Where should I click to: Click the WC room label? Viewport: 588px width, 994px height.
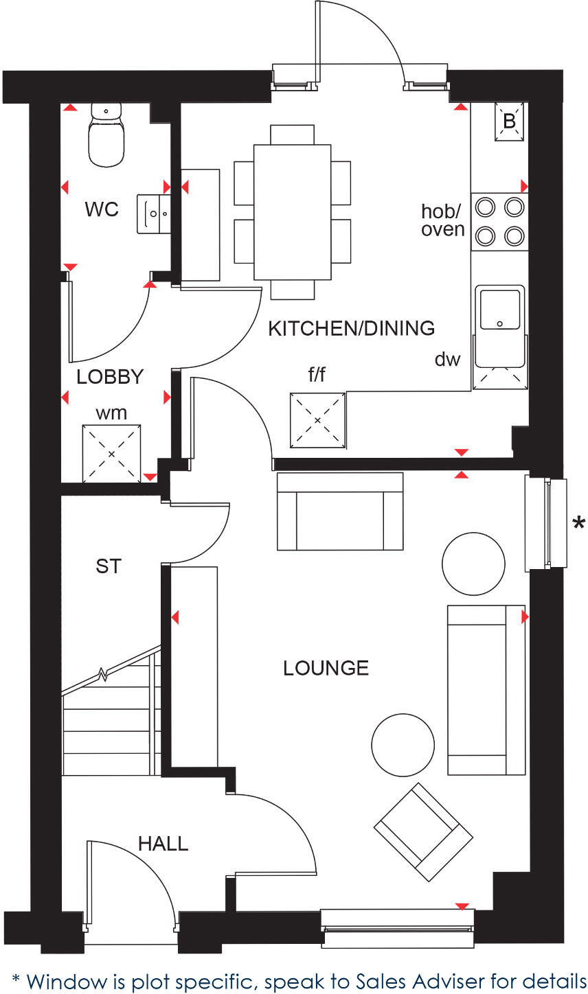pos(102,209)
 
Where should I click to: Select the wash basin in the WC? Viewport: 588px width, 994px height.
pos(153,213)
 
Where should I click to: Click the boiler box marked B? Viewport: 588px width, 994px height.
pos(509,122)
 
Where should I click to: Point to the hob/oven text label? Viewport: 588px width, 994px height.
pos(443,220)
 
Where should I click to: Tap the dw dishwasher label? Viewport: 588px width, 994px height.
pos(446,359)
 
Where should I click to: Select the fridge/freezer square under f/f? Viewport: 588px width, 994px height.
pos(317,420)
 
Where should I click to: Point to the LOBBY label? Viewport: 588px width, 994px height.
pos(110,377)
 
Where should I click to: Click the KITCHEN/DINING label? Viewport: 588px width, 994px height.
pos(351,328)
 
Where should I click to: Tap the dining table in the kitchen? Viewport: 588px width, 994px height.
pos(293,211)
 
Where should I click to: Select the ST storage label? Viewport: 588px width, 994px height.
pos(109,566)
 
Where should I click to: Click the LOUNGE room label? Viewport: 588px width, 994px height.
pos(326,668)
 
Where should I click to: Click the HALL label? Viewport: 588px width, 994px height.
pos(163,844)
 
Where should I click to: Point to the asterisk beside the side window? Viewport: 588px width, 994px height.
pos(578,524)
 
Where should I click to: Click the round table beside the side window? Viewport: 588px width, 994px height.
pos(473,564)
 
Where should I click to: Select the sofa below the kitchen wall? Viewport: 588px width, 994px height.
pos(339,512)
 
